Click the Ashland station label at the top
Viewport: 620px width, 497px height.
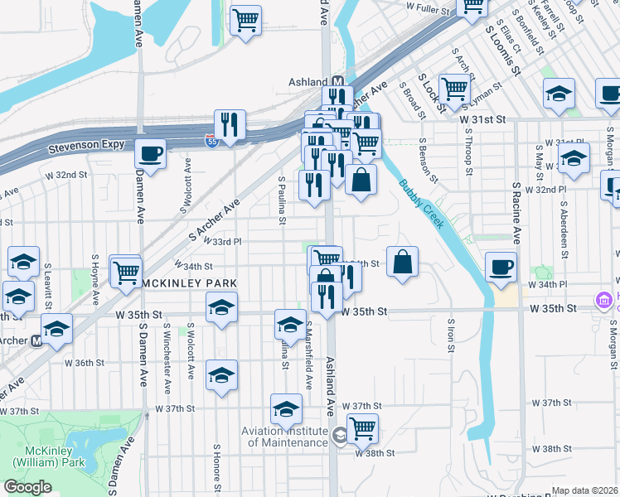(x=308, y=82)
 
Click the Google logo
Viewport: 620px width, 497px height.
(x=27, y=487)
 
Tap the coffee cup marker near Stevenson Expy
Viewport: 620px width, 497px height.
(x=150, y=153)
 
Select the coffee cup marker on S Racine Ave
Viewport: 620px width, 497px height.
(x=501, y=267)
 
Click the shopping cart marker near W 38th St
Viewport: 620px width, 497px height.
(x=362, y=428)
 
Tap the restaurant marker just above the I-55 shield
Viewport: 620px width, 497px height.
(x=230, y=125)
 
